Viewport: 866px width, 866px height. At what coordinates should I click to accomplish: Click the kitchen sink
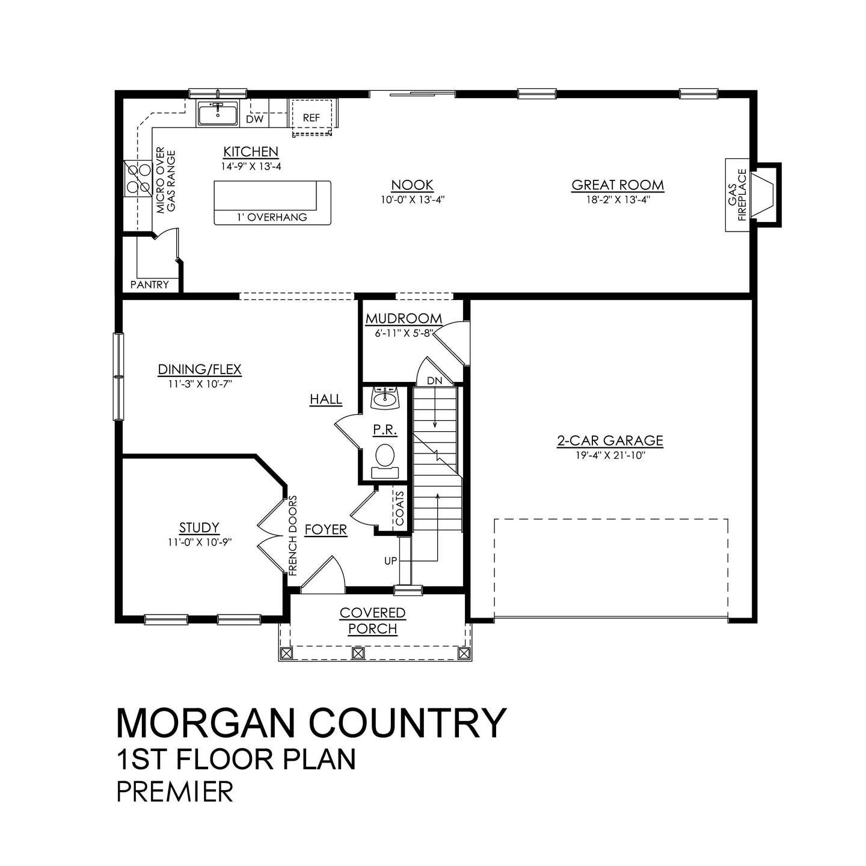(217, 114)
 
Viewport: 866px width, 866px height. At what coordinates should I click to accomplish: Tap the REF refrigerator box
(312, 118)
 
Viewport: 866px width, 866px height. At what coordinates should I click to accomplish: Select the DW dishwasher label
(255, 119)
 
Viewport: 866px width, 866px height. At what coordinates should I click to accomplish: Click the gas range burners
(138, 179)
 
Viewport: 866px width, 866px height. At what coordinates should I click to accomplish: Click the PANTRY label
(150, 284)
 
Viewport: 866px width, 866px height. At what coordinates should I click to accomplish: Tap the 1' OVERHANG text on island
(271, 217)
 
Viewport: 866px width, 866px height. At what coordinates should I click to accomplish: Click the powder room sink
(384, 398)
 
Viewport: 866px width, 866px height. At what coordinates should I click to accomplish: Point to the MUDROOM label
(404, 319)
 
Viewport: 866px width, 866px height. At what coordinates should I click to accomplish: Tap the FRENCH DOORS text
(293, 536)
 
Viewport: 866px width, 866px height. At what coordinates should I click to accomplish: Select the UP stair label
(391, 560)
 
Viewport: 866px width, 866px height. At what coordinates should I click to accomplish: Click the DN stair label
(434, 380)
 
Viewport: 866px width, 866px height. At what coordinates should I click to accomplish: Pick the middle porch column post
(358, 653)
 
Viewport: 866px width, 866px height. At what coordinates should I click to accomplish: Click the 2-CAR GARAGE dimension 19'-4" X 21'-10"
(610, 455)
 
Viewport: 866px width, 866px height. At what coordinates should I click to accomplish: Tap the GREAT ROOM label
(618, 185)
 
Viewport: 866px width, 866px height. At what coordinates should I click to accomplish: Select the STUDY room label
(199, 527)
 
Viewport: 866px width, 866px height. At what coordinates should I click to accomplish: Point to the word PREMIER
(174, 791)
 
